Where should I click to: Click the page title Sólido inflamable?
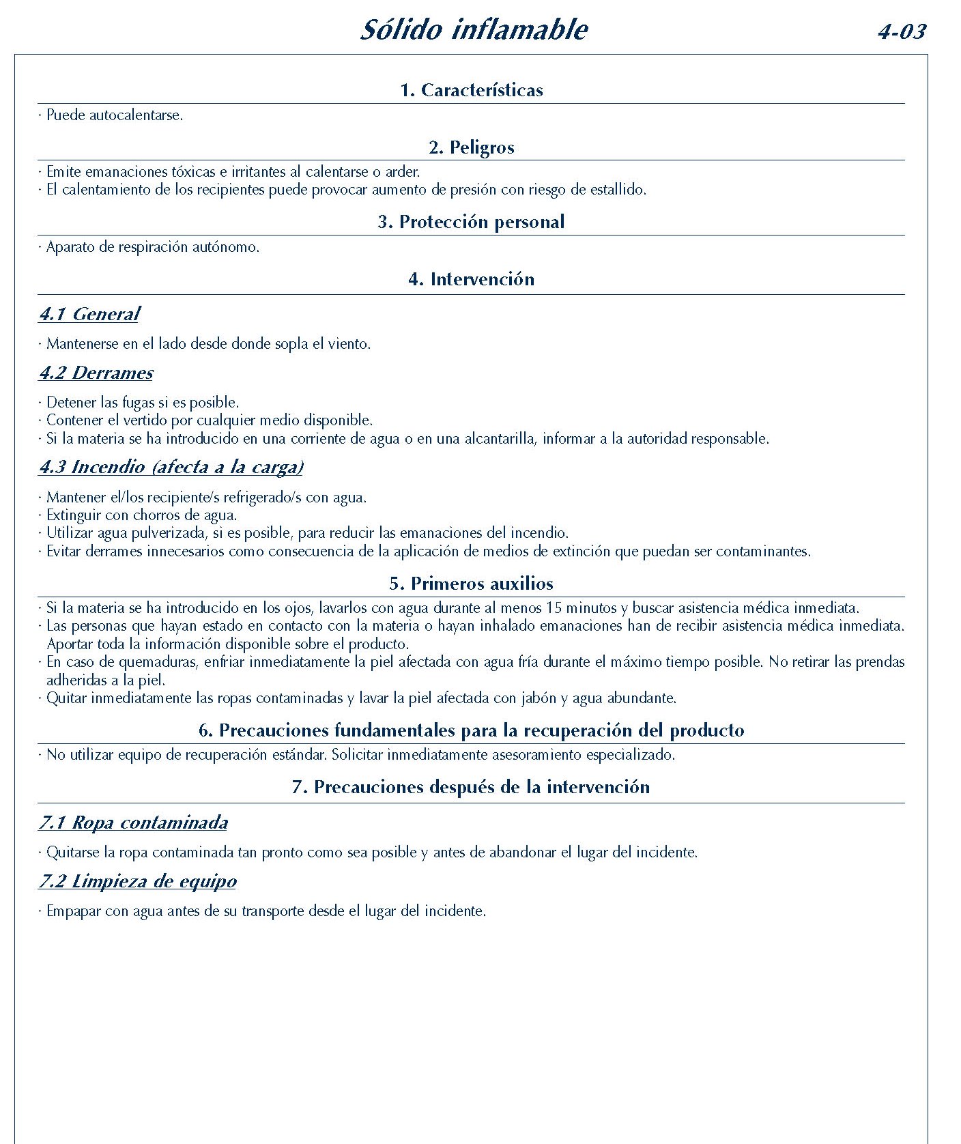coord(474,29)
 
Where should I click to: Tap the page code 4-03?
coord(902,31)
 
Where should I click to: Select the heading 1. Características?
coord(472,90)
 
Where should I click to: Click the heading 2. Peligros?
coord(472,147)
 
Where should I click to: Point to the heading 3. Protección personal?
coord(472,222)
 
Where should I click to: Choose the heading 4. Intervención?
coord(472,279)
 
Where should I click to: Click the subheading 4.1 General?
coord(89,315)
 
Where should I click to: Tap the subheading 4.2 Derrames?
coord(96,373)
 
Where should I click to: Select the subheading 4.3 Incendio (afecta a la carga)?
coord(171,468)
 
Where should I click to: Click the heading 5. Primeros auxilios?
coord(472,584)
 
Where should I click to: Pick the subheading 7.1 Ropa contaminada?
coord(133,823)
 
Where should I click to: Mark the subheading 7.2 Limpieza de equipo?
coord(138,882)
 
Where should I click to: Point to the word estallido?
coord(617,190)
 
